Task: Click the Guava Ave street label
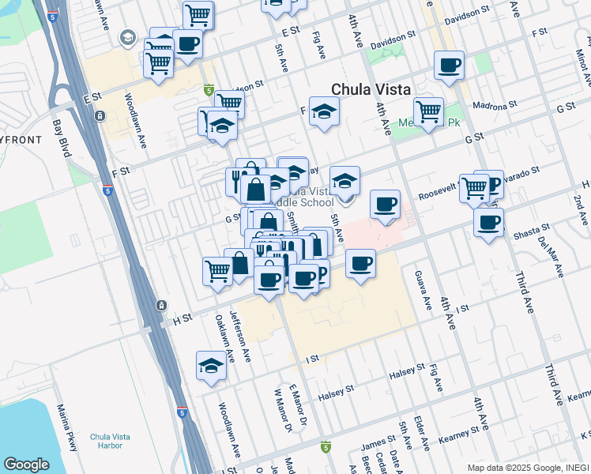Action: tap(421, 290)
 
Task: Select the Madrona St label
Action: tap(493, 104)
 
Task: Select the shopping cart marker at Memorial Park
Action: tap(428, 111)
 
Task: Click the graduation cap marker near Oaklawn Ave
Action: tap(210, 366)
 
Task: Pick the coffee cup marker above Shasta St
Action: tap(488, 220)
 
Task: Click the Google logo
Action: tap(27, 465)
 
